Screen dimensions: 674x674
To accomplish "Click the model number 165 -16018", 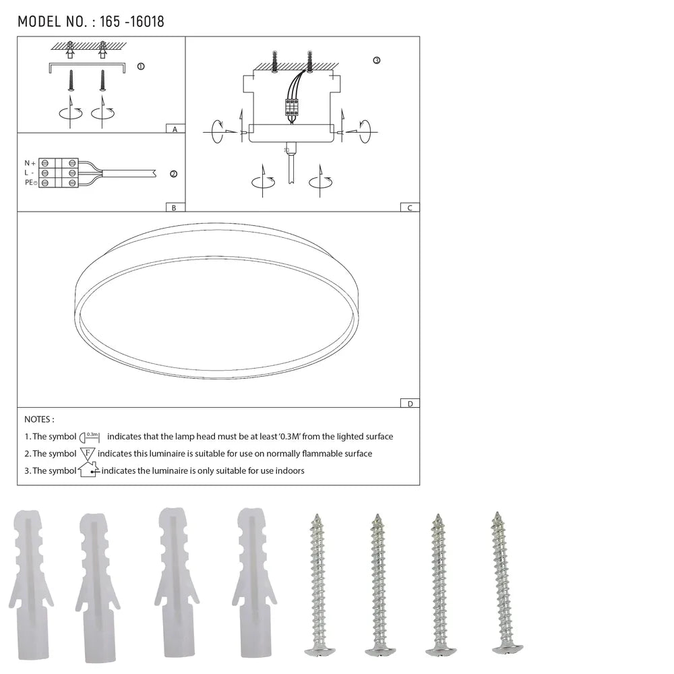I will tap(132, 22).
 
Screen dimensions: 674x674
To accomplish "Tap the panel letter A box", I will tap(175, 128).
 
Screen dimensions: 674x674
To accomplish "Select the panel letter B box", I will tap(175, 208).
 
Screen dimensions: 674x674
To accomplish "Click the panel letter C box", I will tap(409, 208).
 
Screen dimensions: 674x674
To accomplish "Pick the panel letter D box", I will tap(409, 404).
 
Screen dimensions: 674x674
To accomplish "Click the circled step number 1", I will tap(140, 67).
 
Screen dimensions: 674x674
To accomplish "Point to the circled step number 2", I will tap(173, 174).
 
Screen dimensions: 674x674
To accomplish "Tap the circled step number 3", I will tap(376, 61).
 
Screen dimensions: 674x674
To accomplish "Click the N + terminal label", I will tap(30, 163).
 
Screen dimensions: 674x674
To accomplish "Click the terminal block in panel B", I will tap(59, 173).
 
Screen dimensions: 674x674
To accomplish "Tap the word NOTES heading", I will tap(39, 420).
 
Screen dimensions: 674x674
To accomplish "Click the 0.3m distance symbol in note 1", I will tap(90, 437).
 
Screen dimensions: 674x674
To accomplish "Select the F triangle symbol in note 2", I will tap(88, 454).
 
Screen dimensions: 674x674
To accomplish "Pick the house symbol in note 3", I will tap(88, 470).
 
